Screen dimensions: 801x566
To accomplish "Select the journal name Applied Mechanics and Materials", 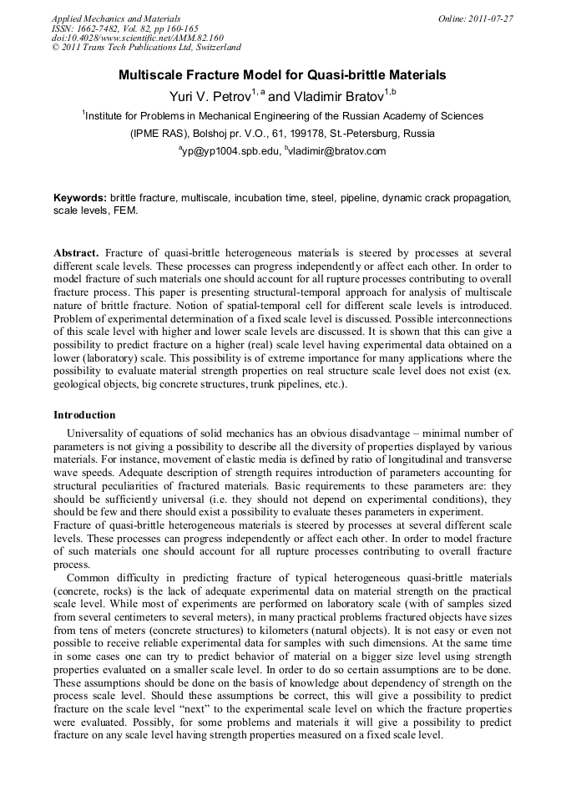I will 116,18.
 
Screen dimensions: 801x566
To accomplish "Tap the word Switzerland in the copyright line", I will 212,48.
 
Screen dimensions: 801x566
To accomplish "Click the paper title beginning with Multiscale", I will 282,75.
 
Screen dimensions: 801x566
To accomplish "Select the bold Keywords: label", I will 80,198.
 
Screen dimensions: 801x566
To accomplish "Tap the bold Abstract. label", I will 77,252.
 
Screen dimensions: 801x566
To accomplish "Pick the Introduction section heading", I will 84,415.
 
